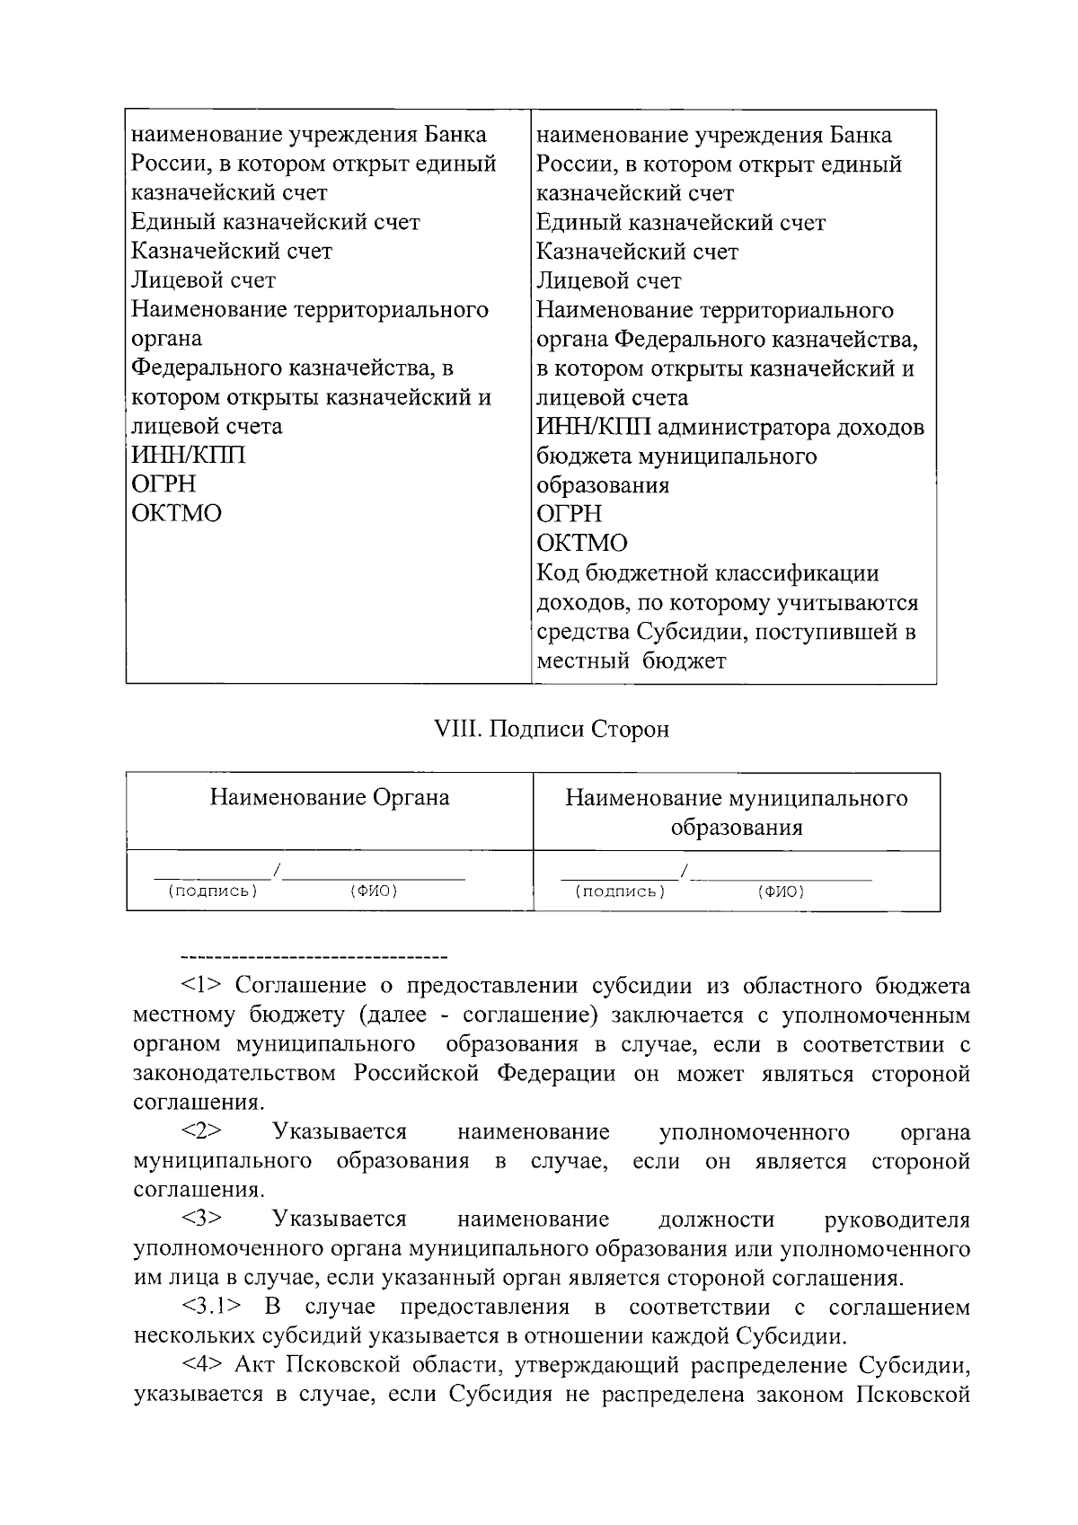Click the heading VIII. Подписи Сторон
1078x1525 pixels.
tap(552, 729)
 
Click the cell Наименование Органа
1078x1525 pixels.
tap(330, 798)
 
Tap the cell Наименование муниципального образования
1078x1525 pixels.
tap(736, 812)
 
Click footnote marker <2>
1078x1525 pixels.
tap(202, 1131)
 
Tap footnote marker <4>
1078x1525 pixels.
tap(202, 1366)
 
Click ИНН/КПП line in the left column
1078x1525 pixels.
tap(189, 455)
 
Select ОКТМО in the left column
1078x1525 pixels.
tap(177, 513)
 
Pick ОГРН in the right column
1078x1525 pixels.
tap(570, 514)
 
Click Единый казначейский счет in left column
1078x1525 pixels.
tap(276, 222)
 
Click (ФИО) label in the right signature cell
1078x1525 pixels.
tap(781, 891)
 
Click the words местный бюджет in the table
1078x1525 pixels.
tap(632, 661)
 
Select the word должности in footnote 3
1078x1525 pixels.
tap(716, 1219)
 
